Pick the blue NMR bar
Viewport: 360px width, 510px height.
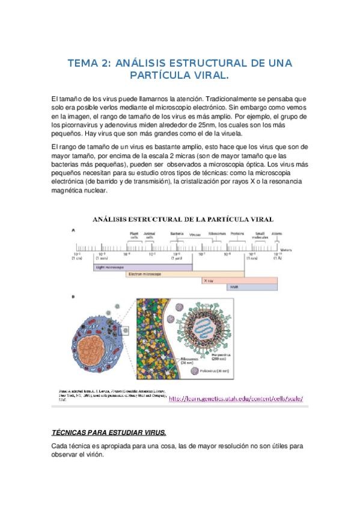pos(252,287)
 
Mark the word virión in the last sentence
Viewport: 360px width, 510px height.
pos(91,455)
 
